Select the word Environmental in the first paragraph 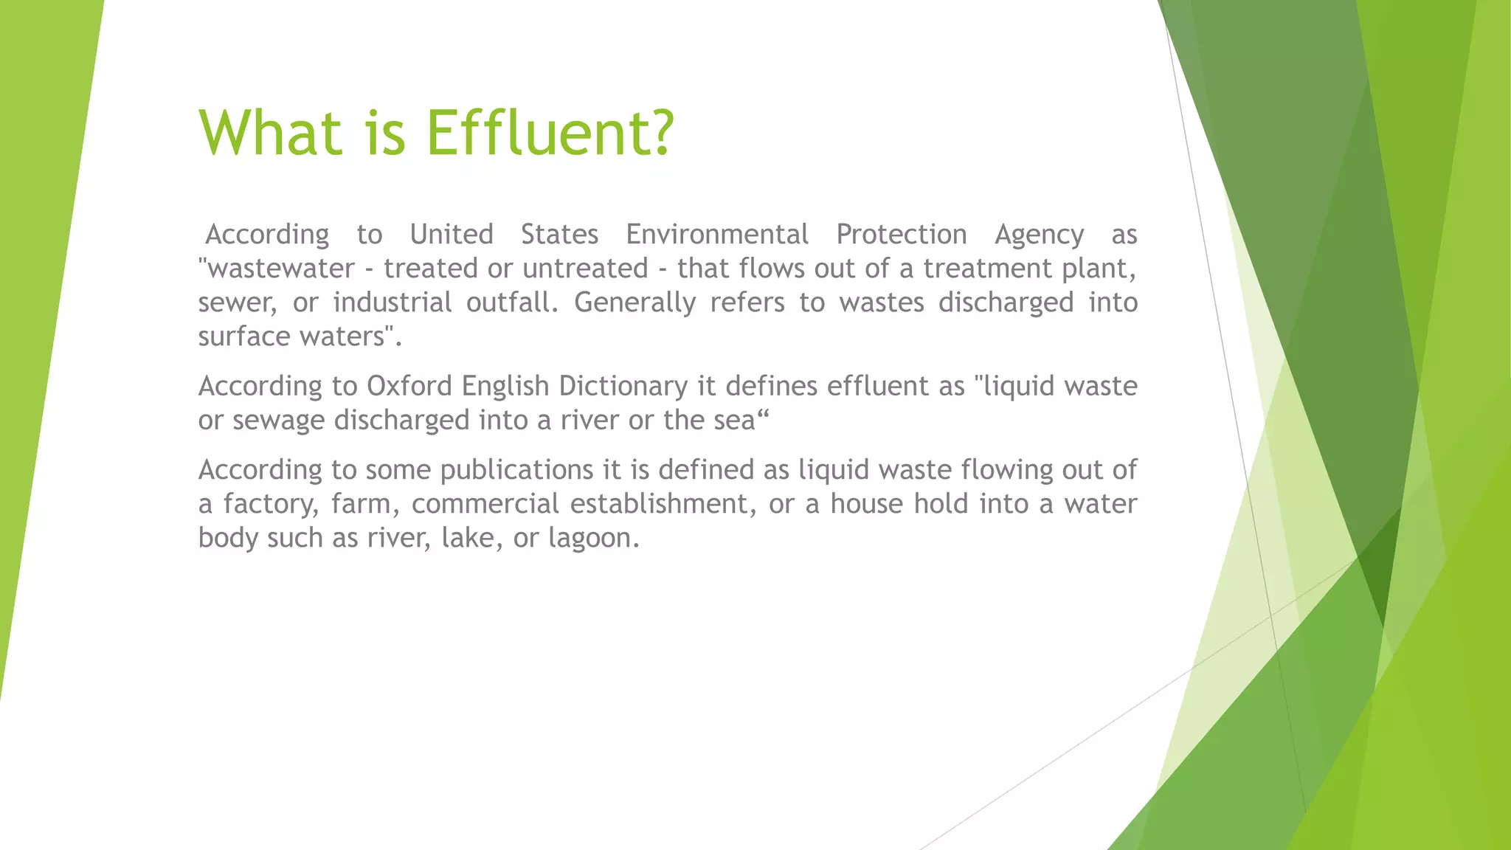click(x=717, y=235)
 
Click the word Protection click(x=901, y=235)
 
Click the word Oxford click(x=409, y=386)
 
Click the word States click(x=559, y=235)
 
